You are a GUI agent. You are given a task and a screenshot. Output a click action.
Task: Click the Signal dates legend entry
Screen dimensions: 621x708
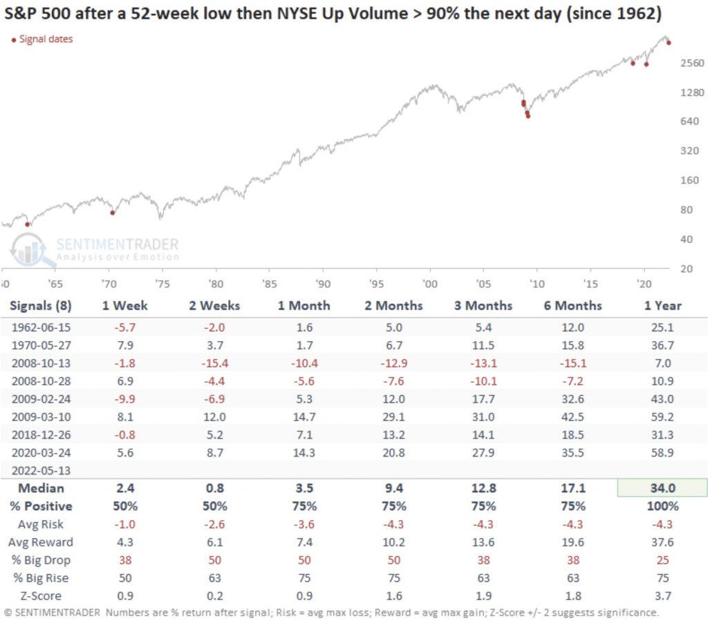click(45, 39)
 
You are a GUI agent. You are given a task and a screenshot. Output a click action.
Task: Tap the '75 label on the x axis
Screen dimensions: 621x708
click(161, 283)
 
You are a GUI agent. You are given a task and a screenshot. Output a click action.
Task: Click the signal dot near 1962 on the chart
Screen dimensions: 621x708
click(28, 224)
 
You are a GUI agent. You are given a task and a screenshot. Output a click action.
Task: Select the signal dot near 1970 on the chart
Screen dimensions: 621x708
click(113, 212)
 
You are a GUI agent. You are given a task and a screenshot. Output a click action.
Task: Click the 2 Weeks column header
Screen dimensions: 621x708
click(214, 305)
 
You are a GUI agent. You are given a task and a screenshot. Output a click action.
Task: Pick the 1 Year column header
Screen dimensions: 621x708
click(662, 305)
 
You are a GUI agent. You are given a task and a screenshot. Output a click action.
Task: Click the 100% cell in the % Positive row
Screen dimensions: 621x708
click(662, 506)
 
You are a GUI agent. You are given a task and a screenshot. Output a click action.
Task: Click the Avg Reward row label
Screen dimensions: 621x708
click(39, 542)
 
